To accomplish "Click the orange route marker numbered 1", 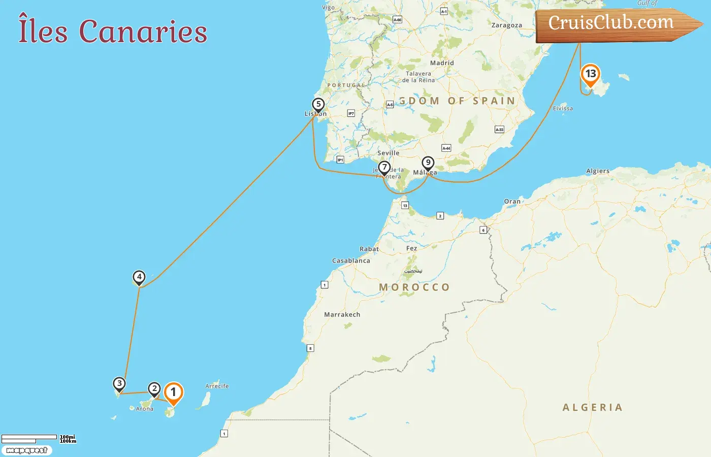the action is pos(173,393).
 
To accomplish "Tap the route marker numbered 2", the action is pos(154,389).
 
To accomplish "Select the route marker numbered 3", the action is pos(119,384).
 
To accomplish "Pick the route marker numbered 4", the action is pos(139,277).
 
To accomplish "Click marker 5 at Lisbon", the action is pos(318,105).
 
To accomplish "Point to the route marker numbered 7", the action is pos(384,167).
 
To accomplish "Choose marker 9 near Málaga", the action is pos(428,163).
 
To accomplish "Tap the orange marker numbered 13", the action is pos(590,74).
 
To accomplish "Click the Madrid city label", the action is pos(442,63).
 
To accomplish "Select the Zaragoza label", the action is pos(506,25).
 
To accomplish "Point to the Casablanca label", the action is pos(351,260).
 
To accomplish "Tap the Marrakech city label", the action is pos(342,314).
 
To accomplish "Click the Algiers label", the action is pos(598,171).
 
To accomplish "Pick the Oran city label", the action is pos(512,202).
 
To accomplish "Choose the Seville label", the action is pos(389,153).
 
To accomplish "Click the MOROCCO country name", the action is pos(414,287).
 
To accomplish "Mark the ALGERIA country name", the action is pos(593,407).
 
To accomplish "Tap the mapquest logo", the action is pos(26,450).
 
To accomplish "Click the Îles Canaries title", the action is pos(113,31).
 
